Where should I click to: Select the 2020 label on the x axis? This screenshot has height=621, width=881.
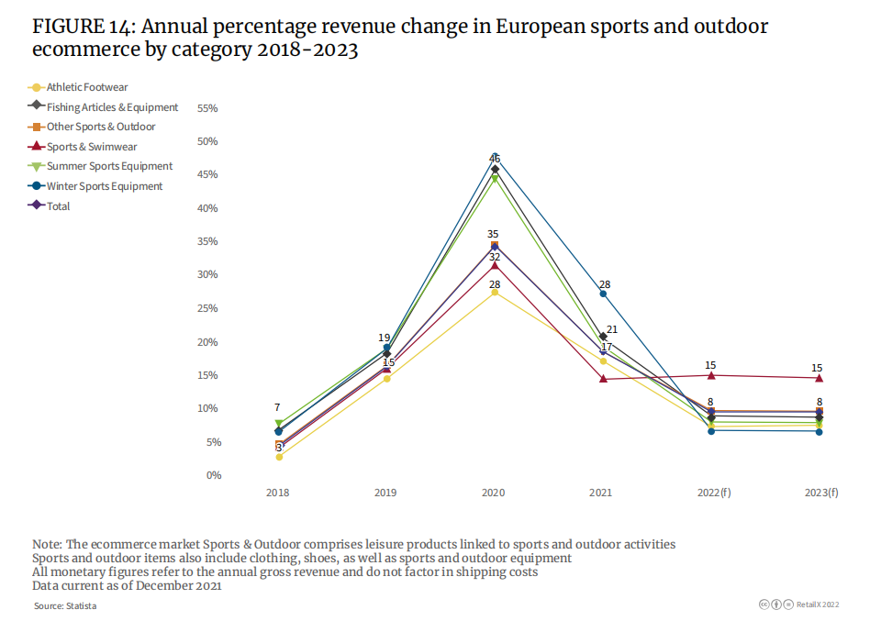[494, 493]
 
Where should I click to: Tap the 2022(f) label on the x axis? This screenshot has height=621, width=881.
[714, 493]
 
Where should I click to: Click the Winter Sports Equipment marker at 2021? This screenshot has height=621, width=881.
[603, 294]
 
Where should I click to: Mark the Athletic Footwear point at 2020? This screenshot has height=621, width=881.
[495, 293]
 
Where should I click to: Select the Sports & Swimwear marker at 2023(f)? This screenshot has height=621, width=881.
[819, 378]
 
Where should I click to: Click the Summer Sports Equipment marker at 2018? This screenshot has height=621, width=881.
[279, 424]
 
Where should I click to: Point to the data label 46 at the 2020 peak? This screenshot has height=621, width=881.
[495, 159]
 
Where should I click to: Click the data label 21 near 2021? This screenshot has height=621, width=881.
[612, 329]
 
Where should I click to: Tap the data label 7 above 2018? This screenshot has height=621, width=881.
[277, 407]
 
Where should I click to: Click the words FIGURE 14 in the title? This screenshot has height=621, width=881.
[82, 27]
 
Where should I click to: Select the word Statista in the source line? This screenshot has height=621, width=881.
[79, 606]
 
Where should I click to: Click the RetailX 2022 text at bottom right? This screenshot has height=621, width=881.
[817, 605]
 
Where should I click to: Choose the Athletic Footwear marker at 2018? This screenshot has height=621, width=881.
[279, 457]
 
